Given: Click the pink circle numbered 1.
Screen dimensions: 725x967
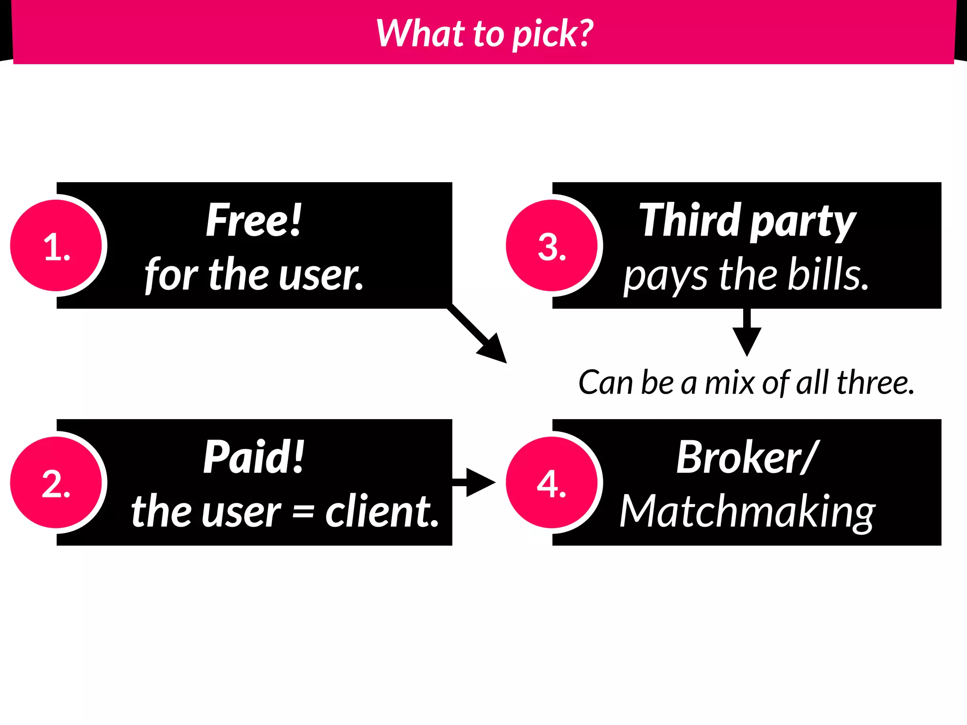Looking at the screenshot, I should [x=56, y=245].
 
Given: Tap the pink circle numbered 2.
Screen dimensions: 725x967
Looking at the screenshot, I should [x=56, y=482].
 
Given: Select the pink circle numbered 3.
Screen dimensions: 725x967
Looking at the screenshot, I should [x=551, y=245].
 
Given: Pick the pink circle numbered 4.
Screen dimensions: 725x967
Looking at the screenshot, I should [x=551, y=482].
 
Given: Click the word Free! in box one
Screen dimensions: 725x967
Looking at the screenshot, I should [x=254, y=220].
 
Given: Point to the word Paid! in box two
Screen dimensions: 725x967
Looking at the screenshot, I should [x=254, y=457].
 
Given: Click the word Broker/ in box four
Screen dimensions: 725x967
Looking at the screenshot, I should [x=747, y=457].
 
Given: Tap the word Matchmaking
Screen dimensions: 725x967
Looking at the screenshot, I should [x=747, y=512].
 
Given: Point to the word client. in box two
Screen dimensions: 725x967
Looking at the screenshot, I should [x=382, y=512].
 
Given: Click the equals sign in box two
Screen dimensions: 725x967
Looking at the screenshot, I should [x=303, y=512].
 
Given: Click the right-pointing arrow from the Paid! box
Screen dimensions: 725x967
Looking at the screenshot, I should [x=475, y=482].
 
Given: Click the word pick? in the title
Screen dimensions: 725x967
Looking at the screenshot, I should [x=552, y=34].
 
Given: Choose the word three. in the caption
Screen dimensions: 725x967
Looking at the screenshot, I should [x=875, y=382].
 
